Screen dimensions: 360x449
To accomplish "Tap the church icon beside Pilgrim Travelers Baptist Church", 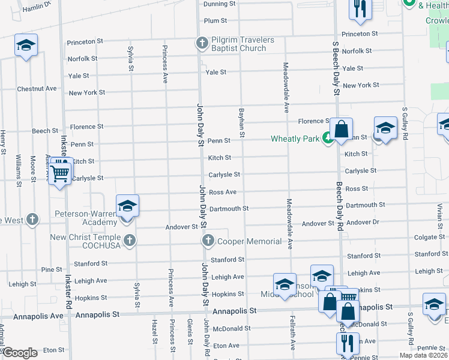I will point(202,43).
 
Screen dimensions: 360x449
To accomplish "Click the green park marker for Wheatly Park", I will point(327,139).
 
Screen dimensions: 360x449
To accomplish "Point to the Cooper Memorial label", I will point(249,241).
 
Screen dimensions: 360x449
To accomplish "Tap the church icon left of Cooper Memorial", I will point(208,241).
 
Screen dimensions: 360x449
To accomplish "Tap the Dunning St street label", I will point(219,4).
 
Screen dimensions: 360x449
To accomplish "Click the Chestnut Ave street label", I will point(37,89).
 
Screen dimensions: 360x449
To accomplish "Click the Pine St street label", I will point(52,269).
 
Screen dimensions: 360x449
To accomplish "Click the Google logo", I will point(20,353).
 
